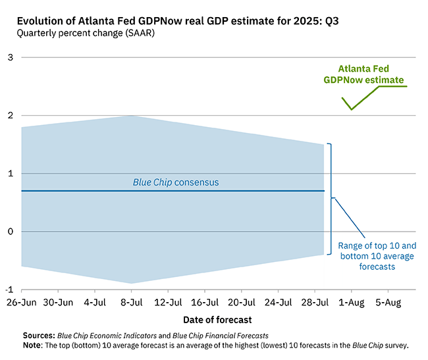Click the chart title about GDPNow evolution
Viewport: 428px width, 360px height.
[177, 20]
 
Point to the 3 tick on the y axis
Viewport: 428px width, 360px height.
[10, 58]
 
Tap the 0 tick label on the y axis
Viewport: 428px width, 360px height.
[10, 232]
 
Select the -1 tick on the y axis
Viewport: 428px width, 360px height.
[9, 290]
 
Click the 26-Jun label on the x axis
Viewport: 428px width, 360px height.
[22, 303]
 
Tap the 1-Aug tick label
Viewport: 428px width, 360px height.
[350, 303]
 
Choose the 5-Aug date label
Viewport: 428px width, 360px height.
[387, 303]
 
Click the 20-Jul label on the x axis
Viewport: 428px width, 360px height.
[241, 303]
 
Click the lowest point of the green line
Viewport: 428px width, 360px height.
[352, 109]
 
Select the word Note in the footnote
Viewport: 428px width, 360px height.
[33, 345]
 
